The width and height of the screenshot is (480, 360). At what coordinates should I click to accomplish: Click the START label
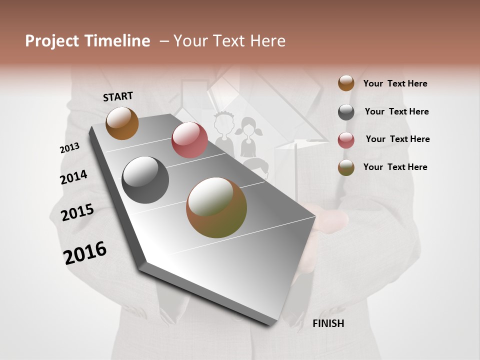[x=118, y=96]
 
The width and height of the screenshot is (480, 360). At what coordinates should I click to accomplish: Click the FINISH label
[x=328, y=323]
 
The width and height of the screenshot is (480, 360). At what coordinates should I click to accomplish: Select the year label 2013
[x=69, y=148]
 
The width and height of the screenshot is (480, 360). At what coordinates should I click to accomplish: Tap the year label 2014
[x=73, y=177]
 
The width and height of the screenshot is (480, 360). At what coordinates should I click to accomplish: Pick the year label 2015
[x=77, y=212]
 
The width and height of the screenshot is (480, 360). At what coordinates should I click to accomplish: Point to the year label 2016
[x=85, y=252]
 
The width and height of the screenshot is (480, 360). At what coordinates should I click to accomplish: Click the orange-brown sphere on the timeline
[x=122, y=123]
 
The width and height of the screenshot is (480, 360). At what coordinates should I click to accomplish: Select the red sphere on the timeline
[x=189, y=140]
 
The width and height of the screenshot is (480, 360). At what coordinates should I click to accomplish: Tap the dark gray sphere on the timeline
[x=145, y=180]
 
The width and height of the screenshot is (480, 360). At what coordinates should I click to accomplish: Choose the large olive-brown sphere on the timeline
[x=216, y=207]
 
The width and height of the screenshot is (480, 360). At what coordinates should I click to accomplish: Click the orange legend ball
[x=346, y=83]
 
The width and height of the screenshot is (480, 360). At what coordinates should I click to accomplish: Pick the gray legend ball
[x=346, y=112]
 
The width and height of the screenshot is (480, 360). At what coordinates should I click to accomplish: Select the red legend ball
[x=346, y=139]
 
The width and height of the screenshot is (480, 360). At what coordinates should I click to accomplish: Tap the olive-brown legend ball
[x=346, y=167]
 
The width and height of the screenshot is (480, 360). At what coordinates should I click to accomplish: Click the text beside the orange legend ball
[x=395, y=83]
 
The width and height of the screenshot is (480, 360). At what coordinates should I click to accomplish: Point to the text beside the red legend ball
[x=397, y=139]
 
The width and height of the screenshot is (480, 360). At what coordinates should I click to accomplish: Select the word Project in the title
[x=52, y=41]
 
